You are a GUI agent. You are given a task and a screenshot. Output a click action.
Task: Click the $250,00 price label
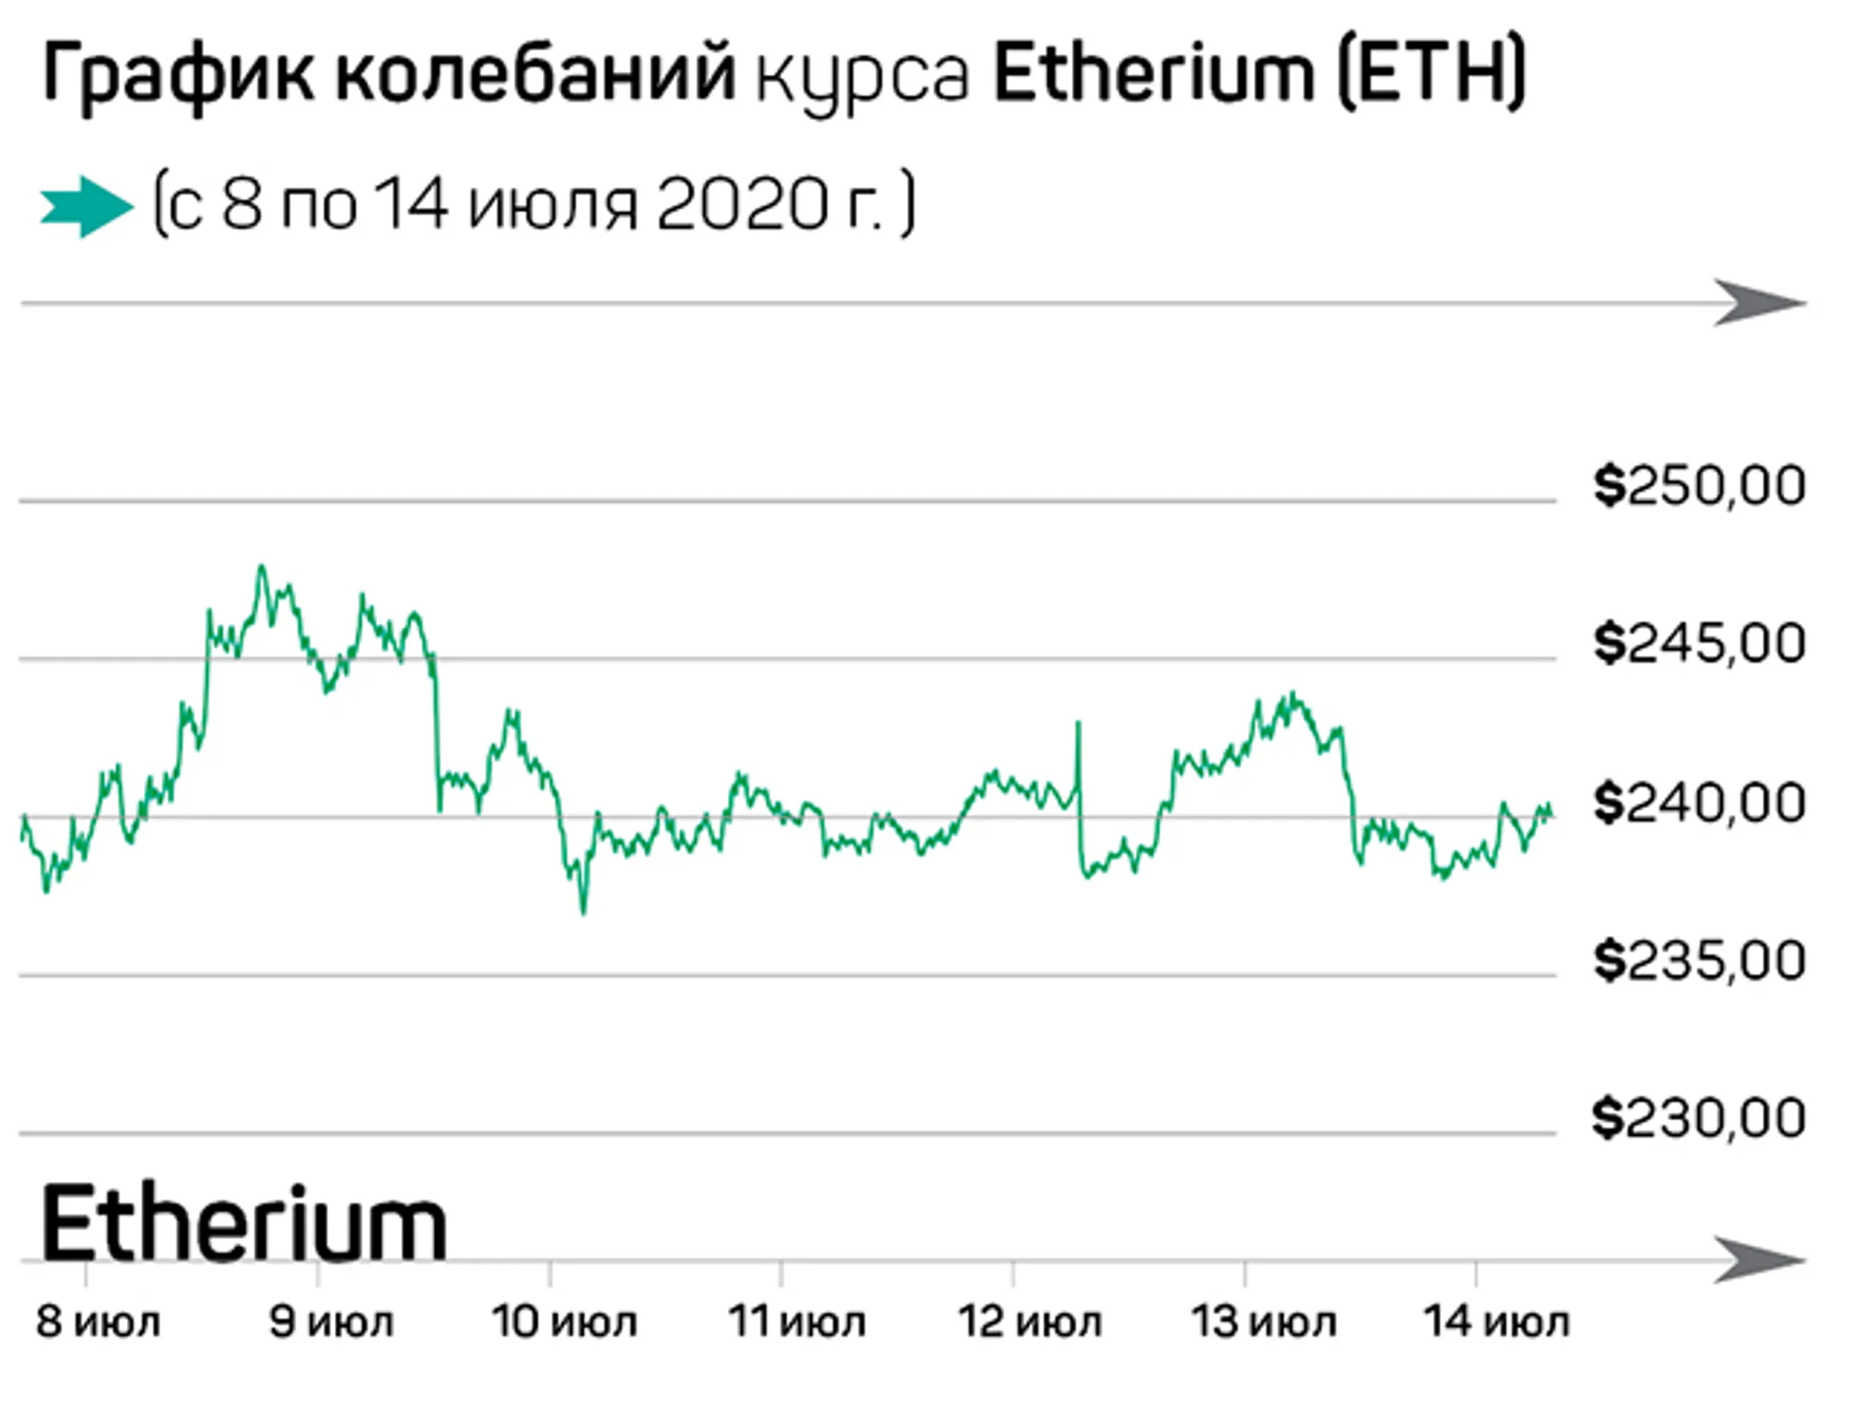1699,486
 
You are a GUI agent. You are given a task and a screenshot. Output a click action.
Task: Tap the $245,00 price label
1699,643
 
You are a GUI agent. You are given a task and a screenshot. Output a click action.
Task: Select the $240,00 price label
1699,803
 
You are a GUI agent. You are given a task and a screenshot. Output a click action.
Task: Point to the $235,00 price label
1699,960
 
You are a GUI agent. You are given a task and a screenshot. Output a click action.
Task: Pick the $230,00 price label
1699,1118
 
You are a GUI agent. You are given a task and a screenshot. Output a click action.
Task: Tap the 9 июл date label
331,1322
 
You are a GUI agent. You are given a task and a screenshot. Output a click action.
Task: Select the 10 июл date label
564,1322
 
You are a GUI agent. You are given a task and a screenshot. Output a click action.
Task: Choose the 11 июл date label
797,1322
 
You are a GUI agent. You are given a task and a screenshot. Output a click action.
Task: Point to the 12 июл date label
1029,1322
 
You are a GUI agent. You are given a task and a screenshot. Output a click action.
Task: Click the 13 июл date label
1263,1322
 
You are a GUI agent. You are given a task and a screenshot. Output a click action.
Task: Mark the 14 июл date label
1496,1322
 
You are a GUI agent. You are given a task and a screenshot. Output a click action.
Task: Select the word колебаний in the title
535,74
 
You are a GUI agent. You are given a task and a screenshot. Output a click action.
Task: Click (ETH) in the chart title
1431,74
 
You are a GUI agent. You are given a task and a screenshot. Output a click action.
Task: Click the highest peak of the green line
262,567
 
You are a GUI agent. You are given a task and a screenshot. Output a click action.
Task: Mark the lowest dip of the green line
584,913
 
